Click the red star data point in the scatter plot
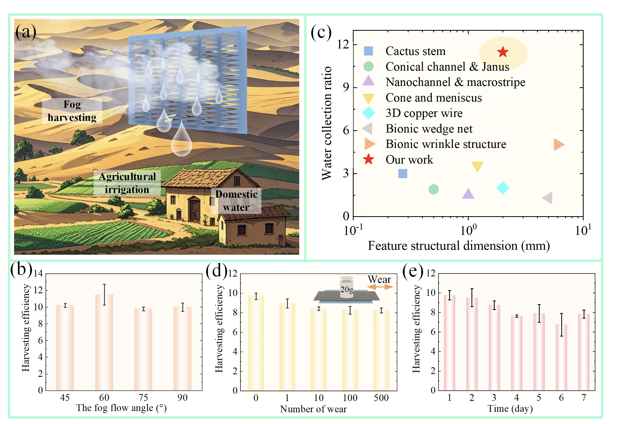coord(503,52)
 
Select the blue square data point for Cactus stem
coord(403,174)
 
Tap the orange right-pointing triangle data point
coord(559,144)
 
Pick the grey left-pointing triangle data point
coord(547,198)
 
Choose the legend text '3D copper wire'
coord(424,113)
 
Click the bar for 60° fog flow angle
coord(104,342)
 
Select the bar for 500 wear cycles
coord(381,351)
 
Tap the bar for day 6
coord(561,358)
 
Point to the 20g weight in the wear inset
coord(346,287)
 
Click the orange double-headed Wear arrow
coord(380,287)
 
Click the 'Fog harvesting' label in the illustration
coord(72,111)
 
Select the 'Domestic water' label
coord(236,201)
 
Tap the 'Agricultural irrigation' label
coord(127,183)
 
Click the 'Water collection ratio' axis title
coord(327,123)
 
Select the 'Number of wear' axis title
coord(313,409)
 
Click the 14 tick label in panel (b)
coord(38,273)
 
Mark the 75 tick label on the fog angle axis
coord(143,397)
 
